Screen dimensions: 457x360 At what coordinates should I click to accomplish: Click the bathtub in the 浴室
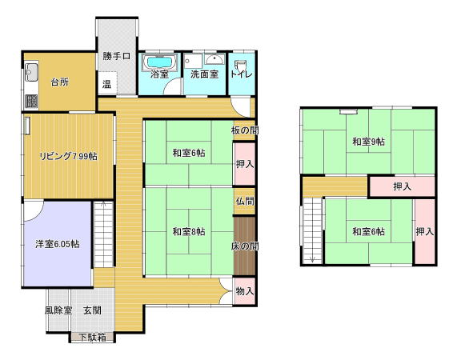[159, 62]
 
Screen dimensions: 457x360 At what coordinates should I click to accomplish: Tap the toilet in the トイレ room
[241, 66]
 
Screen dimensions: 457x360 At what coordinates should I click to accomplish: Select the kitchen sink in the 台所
[31, 72]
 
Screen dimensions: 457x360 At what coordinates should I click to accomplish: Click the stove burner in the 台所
[31, 101]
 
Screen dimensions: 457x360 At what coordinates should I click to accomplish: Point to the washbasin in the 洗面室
[214, 59]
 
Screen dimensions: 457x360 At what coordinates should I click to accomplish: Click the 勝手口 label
[117, 56]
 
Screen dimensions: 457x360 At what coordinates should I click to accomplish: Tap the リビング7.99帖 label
[68, 157]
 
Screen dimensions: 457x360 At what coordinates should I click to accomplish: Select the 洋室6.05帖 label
[58, 244]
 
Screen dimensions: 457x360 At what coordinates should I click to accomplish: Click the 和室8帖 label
[189, 231]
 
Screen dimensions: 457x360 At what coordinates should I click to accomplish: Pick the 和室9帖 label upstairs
[369, 142]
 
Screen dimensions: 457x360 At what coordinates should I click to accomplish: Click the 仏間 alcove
[245, 201]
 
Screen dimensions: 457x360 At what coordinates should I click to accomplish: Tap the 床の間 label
[245, 246]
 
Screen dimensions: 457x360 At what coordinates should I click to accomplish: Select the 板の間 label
[245, 130]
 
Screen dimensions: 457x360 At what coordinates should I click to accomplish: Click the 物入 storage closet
[245, 291]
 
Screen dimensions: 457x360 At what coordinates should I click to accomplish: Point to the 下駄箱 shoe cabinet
[92, 338]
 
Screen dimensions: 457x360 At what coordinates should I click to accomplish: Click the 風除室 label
[58, 310]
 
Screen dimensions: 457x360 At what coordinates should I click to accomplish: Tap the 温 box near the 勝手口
[107, 83]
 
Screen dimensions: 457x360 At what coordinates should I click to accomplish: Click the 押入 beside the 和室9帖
[403, 186]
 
